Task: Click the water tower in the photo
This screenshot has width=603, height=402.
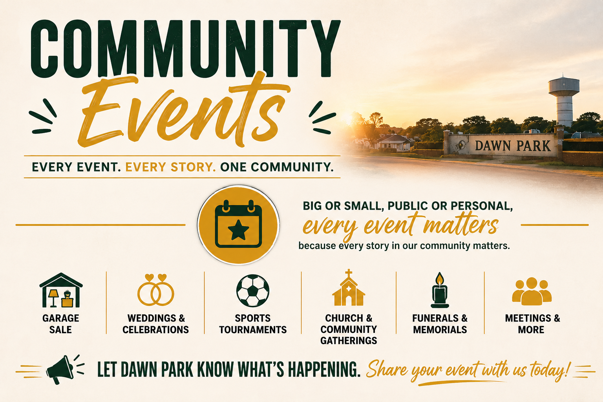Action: pyautogui.click(x=564, y=101)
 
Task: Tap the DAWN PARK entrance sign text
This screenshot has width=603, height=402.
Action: pyautogui.click(x=513, y=146)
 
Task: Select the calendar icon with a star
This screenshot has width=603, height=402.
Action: pyautogui.click(x=238, y=224)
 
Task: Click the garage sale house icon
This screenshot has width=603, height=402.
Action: pyautogui.click(x=61, y=290)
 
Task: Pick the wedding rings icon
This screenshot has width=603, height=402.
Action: pyautogui.click(x=155, y=290)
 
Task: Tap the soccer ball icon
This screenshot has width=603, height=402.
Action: pyautogui.click(x=252, y=291)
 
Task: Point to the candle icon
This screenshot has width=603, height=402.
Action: pyautogui.click(x=440, y=290)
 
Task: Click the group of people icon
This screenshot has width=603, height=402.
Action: pyautogui.click(x=532, y=291)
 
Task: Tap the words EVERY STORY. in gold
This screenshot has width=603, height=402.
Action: pyautogui.click(x=170, y=167)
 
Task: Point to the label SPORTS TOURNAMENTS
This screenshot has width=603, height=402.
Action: pyautogui.click(x=253, y=324)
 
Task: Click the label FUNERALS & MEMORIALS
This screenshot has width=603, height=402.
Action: pyautogui.click(x=440, y=324)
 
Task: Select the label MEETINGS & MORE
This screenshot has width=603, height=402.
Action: pyautogui.click(x=532, y=324)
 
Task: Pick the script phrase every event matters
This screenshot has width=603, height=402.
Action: pyautogui.click(x=400, y=226)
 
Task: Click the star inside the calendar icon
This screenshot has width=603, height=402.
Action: pyautogui.click(x=238, y=230)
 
